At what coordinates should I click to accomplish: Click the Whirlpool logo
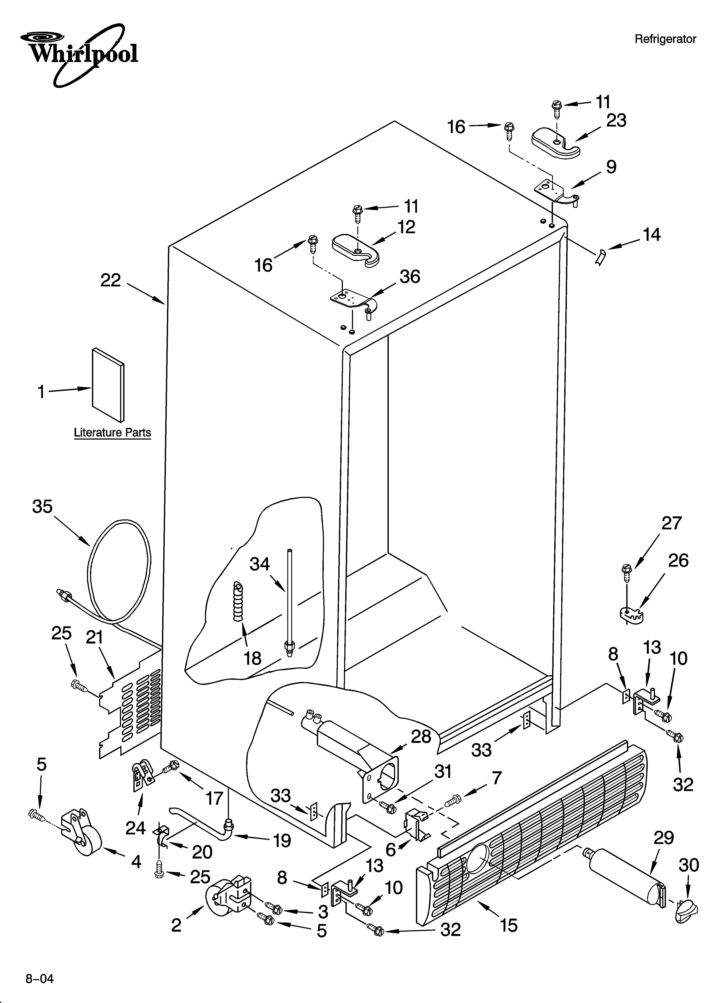coord(80,53)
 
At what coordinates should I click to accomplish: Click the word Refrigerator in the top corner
coord(665,39)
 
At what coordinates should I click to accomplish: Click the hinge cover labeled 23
coord(555,142)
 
